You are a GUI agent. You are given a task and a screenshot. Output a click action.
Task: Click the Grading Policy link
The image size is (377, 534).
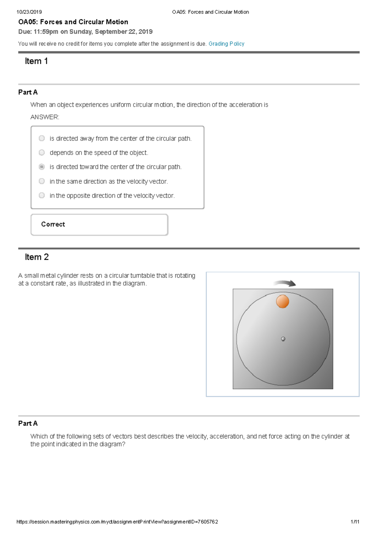[x=226, y=44]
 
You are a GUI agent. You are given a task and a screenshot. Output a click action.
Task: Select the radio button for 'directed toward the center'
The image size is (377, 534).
[x=42, y=167]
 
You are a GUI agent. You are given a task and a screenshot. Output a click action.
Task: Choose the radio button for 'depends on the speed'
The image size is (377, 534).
[x=42, y=153]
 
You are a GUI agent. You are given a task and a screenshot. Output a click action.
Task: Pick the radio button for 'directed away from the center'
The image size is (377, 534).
[x=42, y=138]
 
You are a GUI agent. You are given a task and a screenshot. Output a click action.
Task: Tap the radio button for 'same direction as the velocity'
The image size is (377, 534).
[x=42, y=181]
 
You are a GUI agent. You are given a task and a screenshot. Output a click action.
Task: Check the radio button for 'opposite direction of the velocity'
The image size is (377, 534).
[x=42, y=195]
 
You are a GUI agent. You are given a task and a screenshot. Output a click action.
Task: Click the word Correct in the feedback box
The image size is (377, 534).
[x=53, y=224]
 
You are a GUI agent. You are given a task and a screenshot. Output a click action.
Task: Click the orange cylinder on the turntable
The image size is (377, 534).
[x=282, y=301]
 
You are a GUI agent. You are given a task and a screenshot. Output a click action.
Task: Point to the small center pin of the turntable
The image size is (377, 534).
[x=283, y=339]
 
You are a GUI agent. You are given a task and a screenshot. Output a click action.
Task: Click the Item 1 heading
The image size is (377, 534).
[x=36, y=61]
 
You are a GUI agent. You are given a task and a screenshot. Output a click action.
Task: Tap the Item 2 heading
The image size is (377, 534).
[x=37, y=257]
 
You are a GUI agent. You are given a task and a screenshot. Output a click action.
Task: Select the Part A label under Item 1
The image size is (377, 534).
[x=28, y=92]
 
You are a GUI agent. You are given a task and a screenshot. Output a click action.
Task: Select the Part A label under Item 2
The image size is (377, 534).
[x=28, y=423]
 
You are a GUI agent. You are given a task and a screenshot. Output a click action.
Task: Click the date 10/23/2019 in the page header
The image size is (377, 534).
[x=29, y=12]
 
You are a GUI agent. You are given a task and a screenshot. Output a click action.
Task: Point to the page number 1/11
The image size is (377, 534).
[x=355, y=522]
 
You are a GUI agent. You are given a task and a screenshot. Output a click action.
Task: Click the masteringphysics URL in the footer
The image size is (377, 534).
[x=117, y=522]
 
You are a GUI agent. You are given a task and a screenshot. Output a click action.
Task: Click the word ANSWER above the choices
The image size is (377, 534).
[x=45, y=117]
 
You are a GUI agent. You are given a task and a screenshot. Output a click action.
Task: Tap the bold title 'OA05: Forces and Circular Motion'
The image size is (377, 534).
[x=73, y=22]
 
